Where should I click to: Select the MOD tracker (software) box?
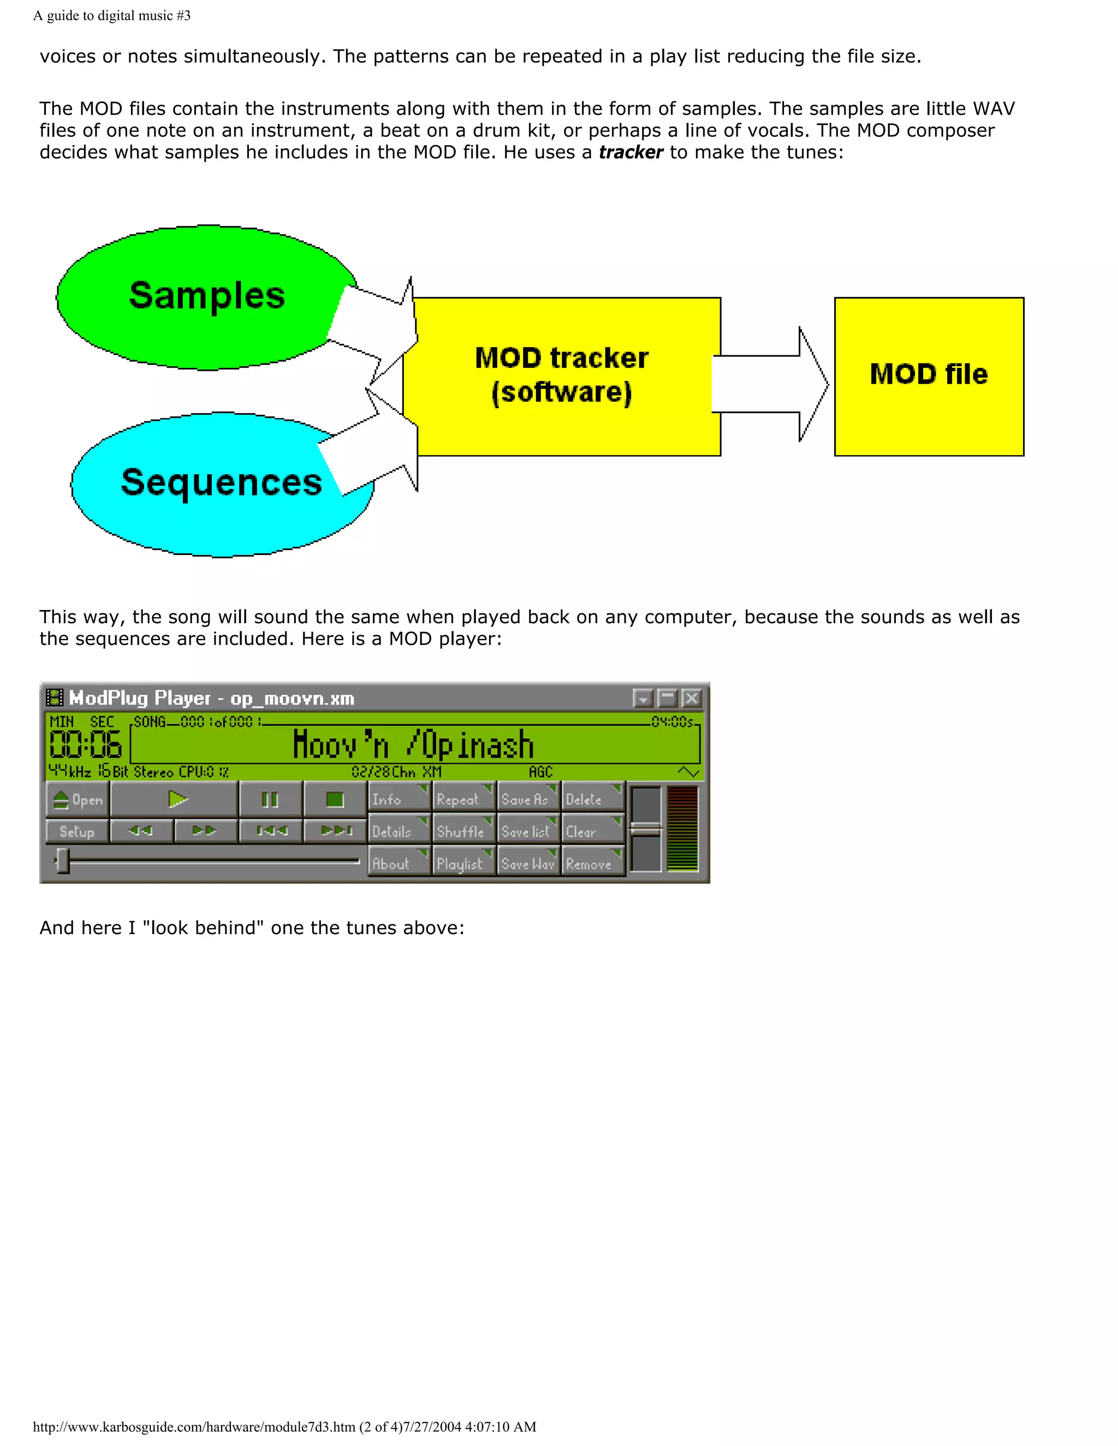tap(562, 375)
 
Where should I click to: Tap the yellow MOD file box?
tap(929, 375)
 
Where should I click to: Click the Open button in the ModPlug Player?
tap(78, 800)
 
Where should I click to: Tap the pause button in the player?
tap(270, 800)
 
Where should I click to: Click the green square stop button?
tap(335, 800)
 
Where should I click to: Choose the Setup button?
tap(77, 832)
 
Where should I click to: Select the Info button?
tap(398, 800)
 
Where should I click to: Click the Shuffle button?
tap(462, 832)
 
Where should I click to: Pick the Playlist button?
tap(462, 864)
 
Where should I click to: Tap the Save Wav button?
tap(528, 864)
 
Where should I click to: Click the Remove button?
tap(591, 864)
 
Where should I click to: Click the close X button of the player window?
tap(692, 698)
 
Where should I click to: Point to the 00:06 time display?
tap(86, 745)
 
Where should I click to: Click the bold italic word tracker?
tap(631, 152)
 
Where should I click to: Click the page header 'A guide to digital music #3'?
tap(112, 15)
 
